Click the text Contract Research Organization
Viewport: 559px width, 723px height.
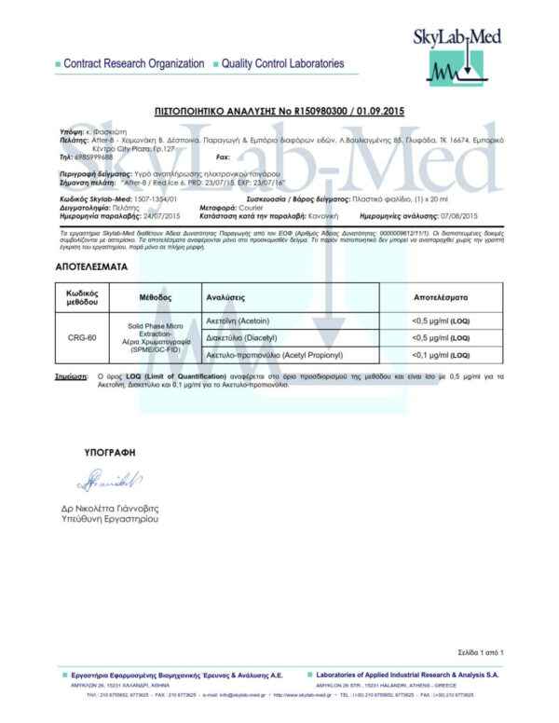(133, 63)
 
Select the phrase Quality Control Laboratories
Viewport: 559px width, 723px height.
(282, 63)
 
